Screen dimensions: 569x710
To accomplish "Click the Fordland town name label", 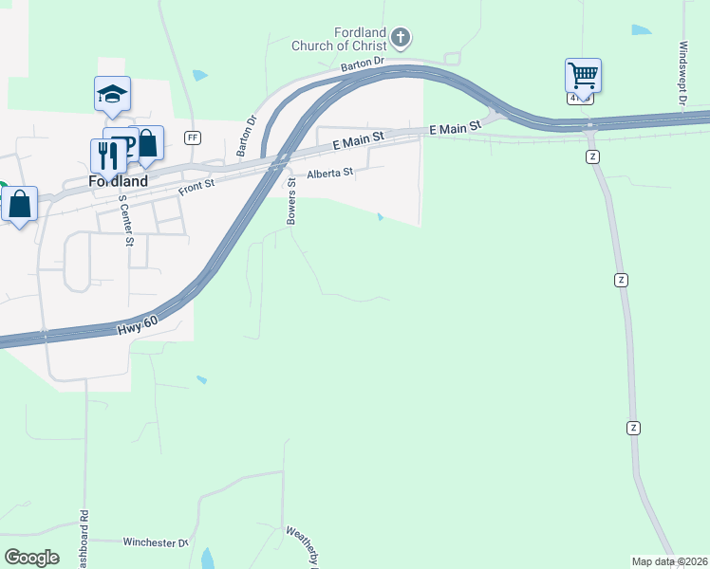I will click(113, 181).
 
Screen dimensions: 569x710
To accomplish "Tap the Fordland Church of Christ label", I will click(360, 39).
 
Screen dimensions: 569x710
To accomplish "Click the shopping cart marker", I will click(583, 74).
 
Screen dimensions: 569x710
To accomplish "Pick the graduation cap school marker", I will click(112, 93).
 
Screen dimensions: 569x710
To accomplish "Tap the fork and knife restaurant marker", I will click(104, 155).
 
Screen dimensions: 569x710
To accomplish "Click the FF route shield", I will click(193, 138).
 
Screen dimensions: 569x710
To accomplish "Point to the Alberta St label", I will click(329, 174).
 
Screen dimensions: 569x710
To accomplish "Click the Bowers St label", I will click(292, 206).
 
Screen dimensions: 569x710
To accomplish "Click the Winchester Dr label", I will click(156, 542).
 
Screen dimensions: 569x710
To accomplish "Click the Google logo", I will click(31, 558).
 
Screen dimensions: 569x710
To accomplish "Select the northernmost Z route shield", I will click(592, 156).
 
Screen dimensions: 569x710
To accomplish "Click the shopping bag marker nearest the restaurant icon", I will click(147, 143).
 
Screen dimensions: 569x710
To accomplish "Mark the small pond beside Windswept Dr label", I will click(642, 30).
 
